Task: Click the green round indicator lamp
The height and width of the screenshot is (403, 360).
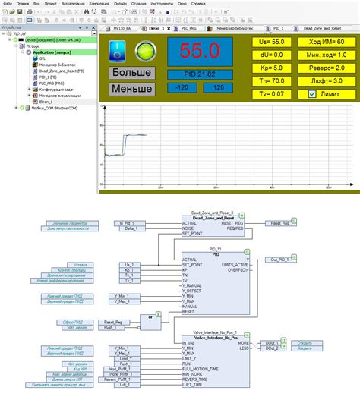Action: tap(144, 52)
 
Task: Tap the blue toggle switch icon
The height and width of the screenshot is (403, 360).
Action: tap(117, 52)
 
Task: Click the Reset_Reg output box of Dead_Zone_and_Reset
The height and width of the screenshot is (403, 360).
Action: tap(276, 223)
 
